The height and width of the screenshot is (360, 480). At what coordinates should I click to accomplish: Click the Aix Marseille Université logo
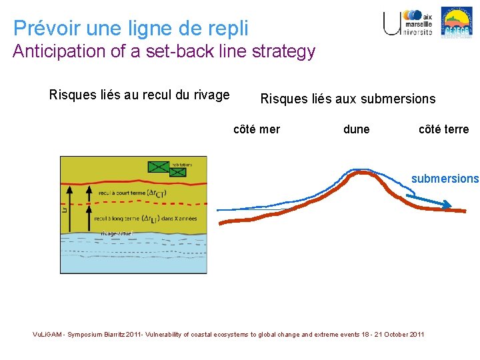tap(407, 23)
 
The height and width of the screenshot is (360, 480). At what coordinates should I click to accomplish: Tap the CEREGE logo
tap(457, 21)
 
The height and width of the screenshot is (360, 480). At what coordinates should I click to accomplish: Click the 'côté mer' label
tap(257, 129)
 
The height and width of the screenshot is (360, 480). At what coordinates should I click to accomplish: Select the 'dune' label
tap(356, 129)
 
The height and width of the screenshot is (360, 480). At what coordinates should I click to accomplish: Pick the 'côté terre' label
tap(443, 129)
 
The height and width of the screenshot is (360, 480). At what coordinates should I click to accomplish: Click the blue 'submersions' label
tap(445, 179)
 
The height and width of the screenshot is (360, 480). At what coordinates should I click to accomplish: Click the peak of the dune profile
tap(361, 173)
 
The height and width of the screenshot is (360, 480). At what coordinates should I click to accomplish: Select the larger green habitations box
tap(158, 165)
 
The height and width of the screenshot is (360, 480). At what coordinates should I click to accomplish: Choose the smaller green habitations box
tap(177, 173)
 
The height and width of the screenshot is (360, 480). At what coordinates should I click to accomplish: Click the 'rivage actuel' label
tap(117, 233)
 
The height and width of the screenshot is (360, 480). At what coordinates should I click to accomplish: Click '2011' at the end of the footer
tap(414, 334)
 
